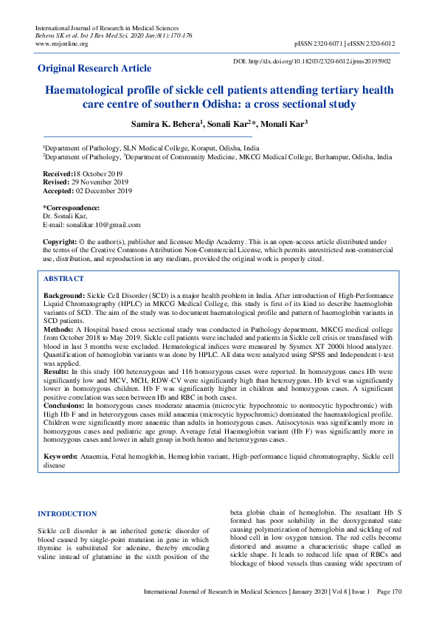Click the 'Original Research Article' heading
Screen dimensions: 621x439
[94, 69]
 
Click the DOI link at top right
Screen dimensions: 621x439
[311, 61]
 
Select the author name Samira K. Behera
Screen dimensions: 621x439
[164, 122]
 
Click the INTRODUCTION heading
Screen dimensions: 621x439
[66, 513]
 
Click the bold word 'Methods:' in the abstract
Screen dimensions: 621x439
[60, 327]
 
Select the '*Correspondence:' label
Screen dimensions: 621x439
[72, 207]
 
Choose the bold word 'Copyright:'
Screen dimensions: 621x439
[61, 241]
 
